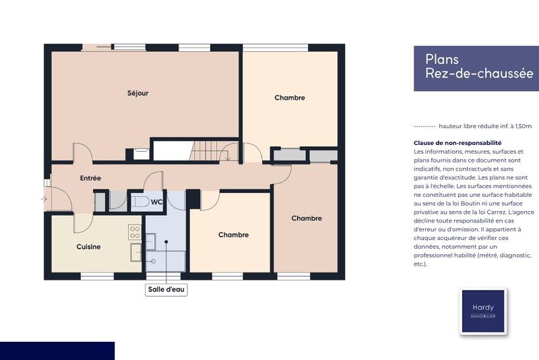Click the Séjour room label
137,93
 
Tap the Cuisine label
88,247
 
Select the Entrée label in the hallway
90,179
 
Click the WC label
156,202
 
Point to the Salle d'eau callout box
166,290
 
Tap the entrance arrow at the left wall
44,199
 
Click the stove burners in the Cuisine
135,233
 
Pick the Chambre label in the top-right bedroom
290,98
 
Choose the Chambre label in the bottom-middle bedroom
233,235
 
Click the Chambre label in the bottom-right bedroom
307,218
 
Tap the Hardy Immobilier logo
482,311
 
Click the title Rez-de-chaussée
479,73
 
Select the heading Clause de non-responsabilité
457,143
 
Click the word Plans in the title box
442,59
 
